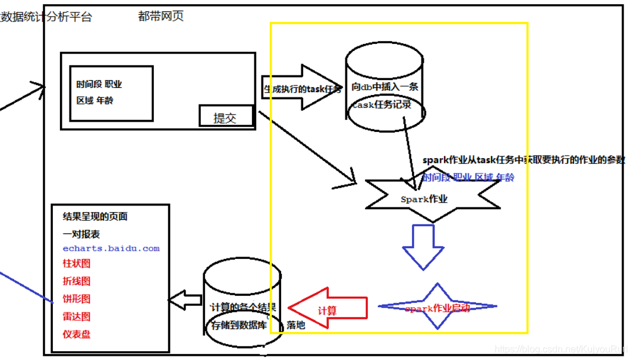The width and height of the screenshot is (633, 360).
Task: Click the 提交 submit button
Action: coord(225,117)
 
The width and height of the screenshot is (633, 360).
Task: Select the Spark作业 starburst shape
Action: coord(432,199)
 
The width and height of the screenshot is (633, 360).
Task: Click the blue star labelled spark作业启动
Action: coord(437,307)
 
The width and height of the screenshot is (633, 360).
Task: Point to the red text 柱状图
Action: coord(77,263)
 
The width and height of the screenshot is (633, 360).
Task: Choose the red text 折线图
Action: coord(77,281)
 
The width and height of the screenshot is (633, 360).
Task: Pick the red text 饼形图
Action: coord(77,299)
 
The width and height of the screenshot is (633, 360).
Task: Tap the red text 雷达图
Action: coord(77,317)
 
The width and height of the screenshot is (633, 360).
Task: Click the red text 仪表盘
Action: coord(77,334)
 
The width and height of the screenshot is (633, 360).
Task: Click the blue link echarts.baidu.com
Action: coord(111,249)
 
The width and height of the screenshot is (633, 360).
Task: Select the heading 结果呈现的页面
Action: coord(95,217)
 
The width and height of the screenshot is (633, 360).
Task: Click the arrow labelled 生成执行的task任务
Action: coord(302,89)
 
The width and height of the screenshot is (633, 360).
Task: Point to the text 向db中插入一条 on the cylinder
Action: coord(385,87)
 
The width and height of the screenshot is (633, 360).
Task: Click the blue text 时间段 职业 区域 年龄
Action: coord(468,177)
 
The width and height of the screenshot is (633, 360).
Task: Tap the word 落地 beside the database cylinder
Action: coord(296,325)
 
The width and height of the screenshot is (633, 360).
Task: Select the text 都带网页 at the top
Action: coord(160,16)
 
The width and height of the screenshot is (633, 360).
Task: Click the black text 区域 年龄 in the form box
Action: coord(95,100)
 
